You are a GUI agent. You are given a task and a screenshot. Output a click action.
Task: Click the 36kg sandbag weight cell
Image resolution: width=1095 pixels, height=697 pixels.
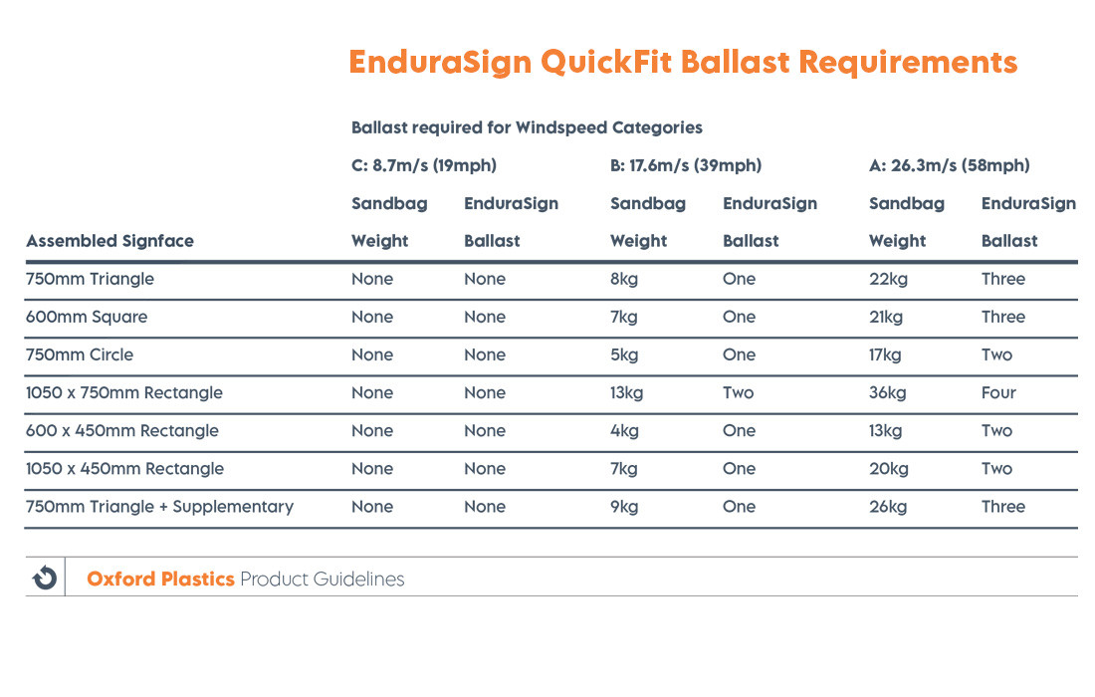[x=887, y=392]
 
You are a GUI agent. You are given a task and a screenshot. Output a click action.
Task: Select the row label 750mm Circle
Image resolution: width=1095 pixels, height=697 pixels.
[x=80, y=354]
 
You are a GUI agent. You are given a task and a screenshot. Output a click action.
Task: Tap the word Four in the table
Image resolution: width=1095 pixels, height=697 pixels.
[x=998, y=392]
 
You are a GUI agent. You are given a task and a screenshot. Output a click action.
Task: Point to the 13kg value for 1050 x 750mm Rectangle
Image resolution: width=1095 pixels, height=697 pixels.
[x=626, y=392]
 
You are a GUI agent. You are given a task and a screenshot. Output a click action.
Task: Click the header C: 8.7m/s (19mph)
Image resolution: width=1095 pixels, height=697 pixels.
[x=423, y=165]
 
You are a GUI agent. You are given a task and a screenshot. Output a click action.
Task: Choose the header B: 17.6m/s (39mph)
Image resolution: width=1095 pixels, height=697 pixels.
[x=685, y=165]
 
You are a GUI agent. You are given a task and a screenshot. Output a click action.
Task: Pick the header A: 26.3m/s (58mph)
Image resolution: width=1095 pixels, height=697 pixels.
[x=949, y=165]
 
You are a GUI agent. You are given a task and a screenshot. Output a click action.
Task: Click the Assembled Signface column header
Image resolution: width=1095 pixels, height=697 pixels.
[x=109, y=241]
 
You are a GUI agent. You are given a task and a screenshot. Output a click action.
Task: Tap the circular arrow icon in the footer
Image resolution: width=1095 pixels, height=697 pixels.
[x=45, y=578]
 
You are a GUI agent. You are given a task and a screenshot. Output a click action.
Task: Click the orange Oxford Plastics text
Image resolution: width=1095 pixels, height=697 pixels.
[x=160, y=579]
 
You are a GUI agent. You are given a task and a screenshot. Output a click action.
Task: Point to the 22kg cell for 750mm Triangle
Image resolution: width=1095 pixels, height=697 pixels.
[x=887, y=279]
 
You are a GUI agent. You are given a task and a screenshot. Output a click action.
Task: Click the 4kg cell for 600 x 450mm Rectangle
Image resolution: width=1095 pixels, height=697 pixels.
[x=623, y=430]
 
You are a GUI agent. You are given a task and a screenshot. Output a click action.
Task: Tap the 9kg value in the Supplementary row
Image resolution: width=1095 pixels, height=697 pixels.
[x=623, y=506]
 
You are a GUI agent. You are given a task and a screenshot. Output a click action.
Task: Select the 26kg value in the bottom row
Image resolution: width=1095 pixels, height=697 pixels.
[x=887, y=506]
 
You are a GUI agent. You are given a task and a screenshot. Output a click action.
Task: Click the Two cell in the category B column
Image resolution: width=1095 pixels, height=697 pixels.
[x=738, y=392]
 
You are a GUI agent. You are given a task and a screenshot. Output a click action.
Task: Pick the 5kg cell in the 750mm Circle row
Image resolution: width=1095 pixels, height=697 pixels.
[x=623, y=354]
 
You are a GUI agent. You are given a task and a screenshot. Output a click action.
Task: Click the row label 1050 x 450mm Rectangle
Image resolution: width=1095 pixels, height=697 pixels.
[x=124, y=468]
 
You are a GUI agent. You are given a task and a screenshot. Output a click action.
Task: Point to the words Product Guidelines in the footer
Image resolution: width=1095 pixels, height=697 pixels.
[x=322, y=579]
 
